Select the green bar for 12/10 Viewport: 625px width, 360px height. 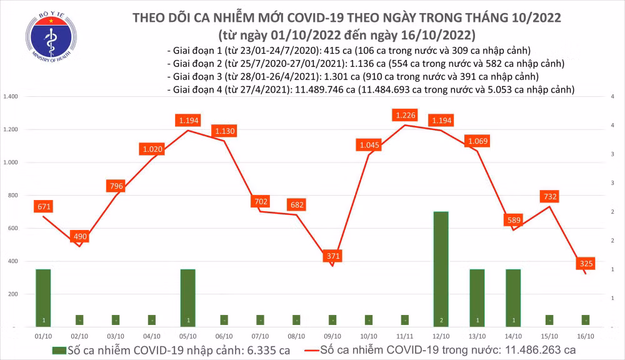tap(441, 269)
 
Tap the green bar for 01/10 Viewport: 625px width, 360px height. tap(42, 297)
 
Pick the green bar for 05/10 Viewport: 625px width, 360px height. tap(187, 297)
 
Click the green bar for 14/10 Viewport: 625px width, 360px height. tap(513, 297)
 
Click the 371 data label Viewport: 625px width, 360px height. tap(332, 257)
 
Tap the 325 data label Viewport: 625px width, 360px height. tap(586, 264)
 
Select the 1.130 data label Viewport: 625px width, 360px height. tap(224, 131)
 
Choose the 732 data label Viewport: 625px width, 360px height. tap(550, 197)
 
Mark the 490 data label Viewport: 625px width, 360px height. tap(79, 237)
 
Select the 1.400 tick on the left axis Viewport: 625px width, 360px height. tap(12, 97)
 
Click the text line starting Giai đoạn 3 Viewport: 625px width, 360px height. tap(353, 77)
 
